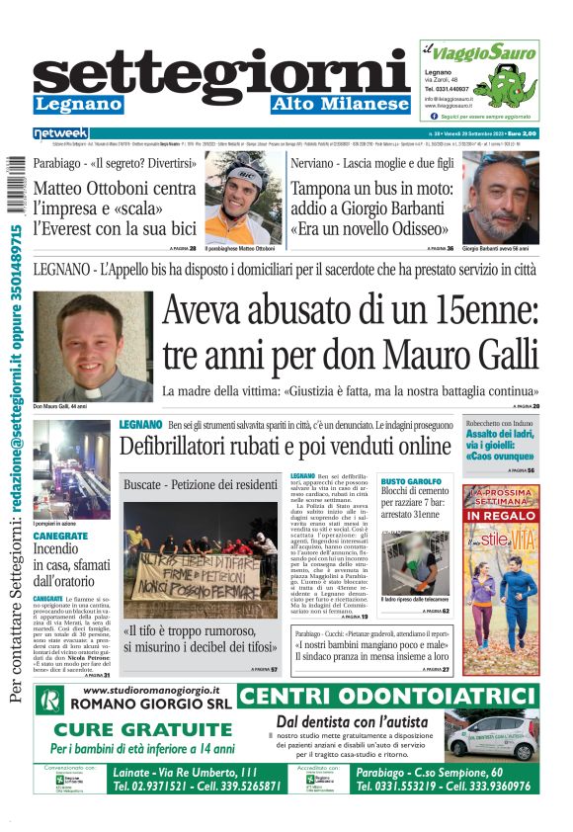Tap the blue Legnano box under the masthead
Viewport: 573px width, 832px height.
[78, 104]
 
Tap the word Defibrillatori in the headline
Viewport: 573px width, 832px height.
[179, 447]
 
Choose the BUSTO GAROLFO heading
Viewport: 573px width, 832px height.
[412, 481]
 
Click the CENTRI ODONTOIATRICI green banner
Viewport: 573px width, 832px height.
[388, 698]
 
